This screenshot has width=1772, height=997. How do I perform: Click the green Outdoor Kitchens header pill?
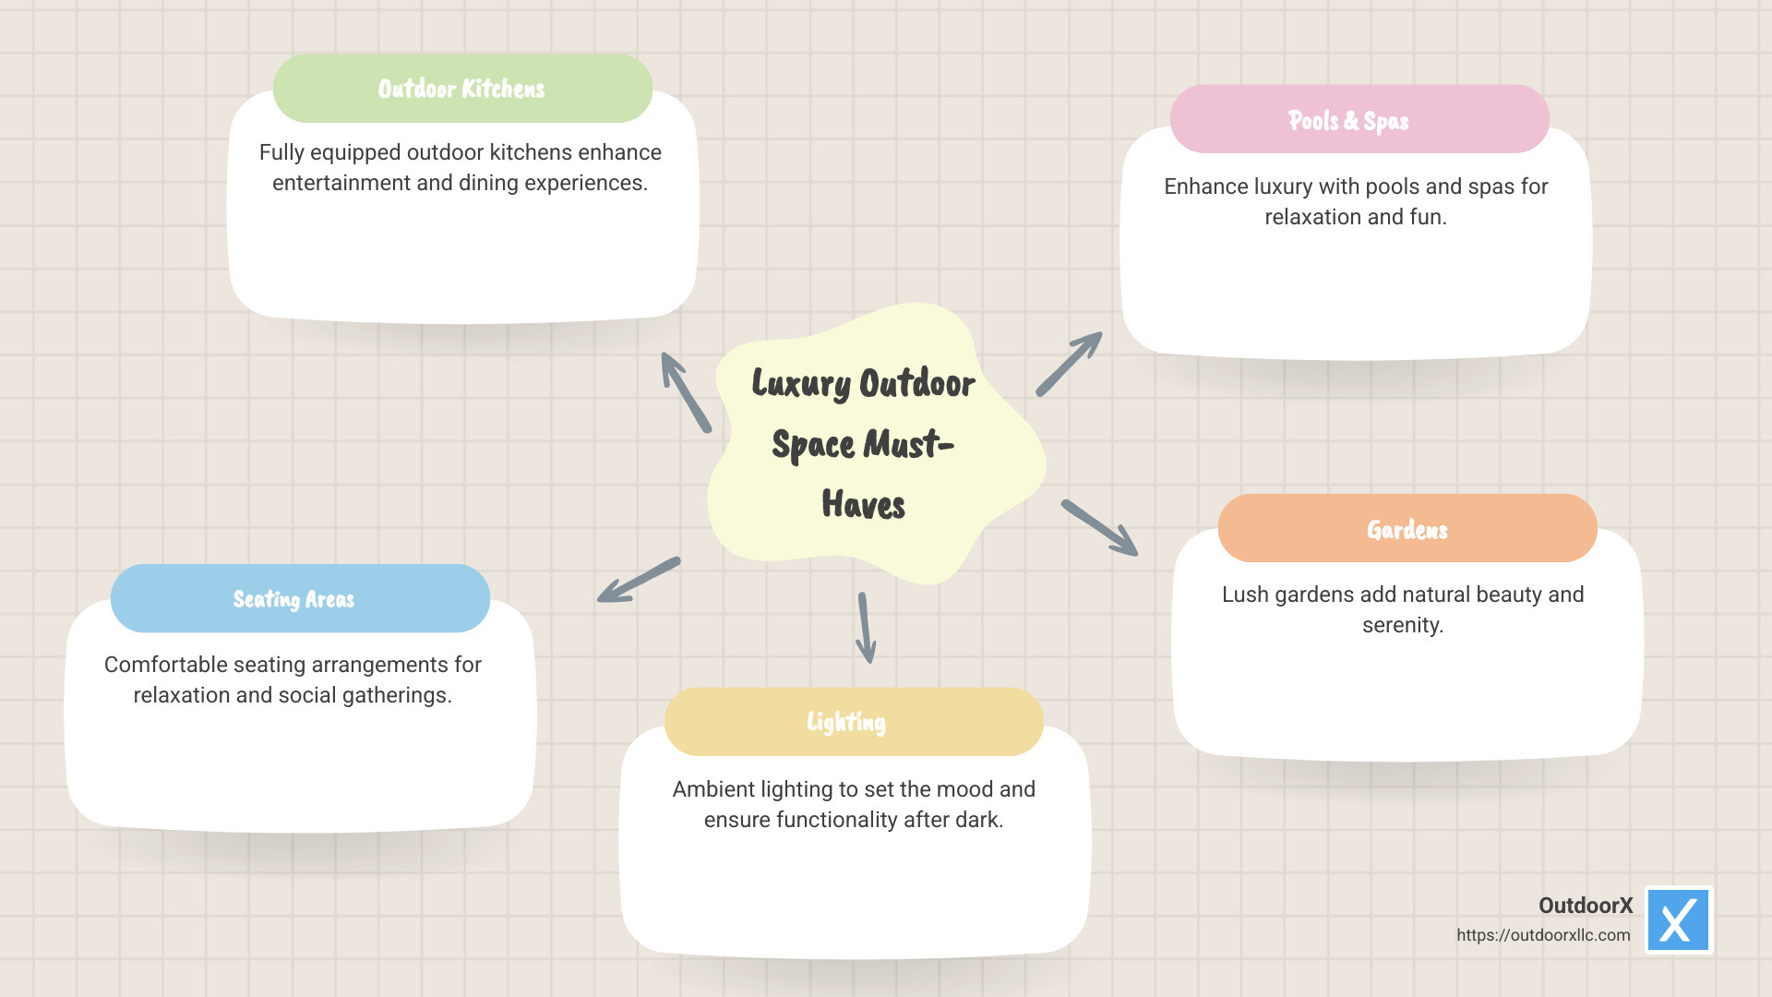[x=462, y=89]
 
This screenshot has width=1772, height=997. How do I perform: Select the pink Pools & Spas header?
[x=1359, y=120]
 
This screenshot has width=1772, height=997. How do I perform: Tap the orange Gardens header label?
[x=1407, y=529]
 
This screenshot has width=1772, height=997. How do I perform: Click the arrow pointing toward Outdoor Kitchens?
[x=686, y=392]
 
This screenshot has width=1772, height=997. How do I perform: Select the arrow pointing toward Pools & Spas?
[x=1069, y=364]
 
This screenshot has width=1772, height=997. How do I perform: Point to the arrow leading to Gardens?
[x=1099, y=528]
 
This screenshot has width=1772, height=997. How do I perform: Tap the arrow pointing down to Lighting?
[x=865, y=628]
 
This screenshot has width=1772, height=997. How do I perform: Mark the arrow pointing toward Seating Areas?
[x=639, y=580]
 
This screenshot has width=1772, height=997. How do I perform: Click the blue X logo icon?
[x=1678, y=920]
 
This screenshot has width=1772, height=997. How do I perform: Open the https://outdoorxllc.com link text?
[x=1543, y=935]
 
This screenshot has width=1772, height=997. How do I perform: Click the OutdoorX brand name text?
[x=1585, y=906]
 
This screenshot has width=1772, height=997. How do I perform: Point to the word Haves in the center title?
[x=863, y=505]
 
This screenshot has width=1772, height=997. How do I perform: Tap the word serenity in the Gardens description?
[x=1402, y=625]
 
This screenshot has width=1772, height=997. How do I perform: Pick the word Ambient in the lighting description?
[x=705, y=789]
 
